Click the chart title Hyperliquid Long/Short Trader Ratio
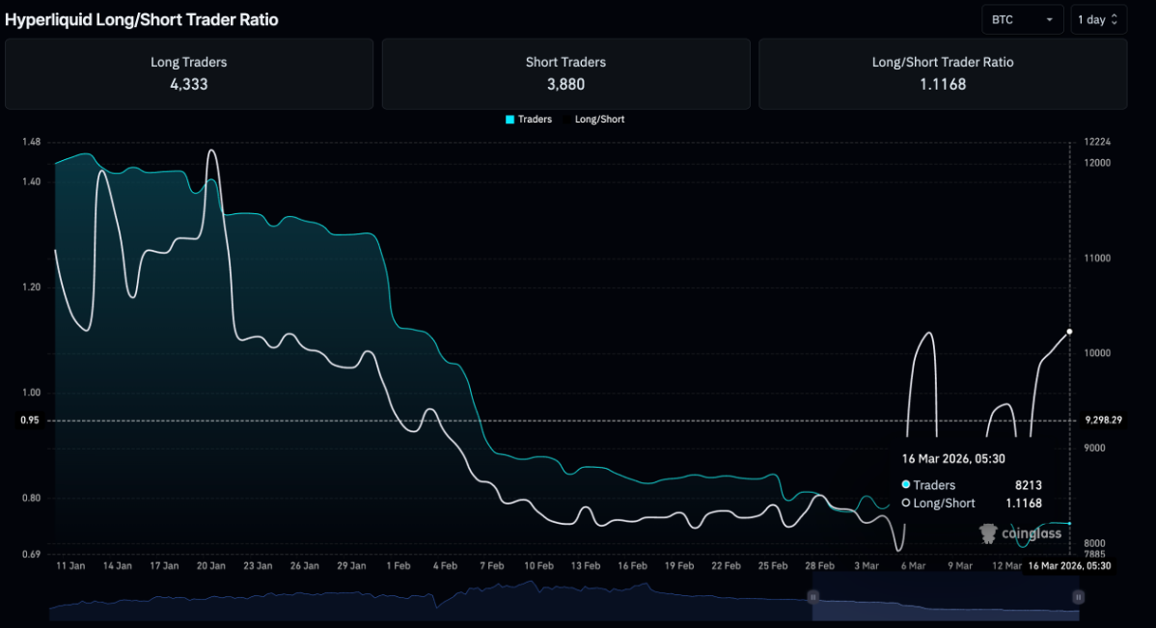pyautogui.click(x=142, y=19)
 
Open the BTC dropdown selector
pyautogui.click(x=1022, y=19)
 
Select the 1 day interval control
pyautogui.click(x=1098, y=19)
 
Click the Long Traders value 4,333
pyautogui.click(x=188, y=84)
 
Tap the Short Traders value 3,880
pyautogui.click(x=565, y=84)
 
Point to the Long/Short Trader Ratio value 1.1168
pyautogui.click(x=943, y=84)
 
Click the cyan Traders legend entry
pyautogui.click(x=529, y=120)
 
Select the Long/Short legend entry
pyautogui.click(x=599, y=120)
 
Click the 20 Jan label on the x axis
pyautogui.click(x=210, y=566)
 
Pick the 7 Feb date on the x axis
pyautogui.click(x=491, y=566)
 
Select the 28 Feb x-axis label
pyautogui.click(x=819, y=566)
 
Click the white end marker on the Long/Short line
pyautogui.click(x=1069, y=332)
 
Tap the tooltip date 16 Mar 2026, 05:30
pyautogui.click(x=953, y=458)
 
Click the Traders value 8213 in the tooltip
pyautogui.click(x=1027, y=485)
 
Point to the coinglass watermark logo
pyautogui.click(x=1020, y=533)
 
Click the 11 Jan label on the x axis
pyautogui.click(x=71, y=566)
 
